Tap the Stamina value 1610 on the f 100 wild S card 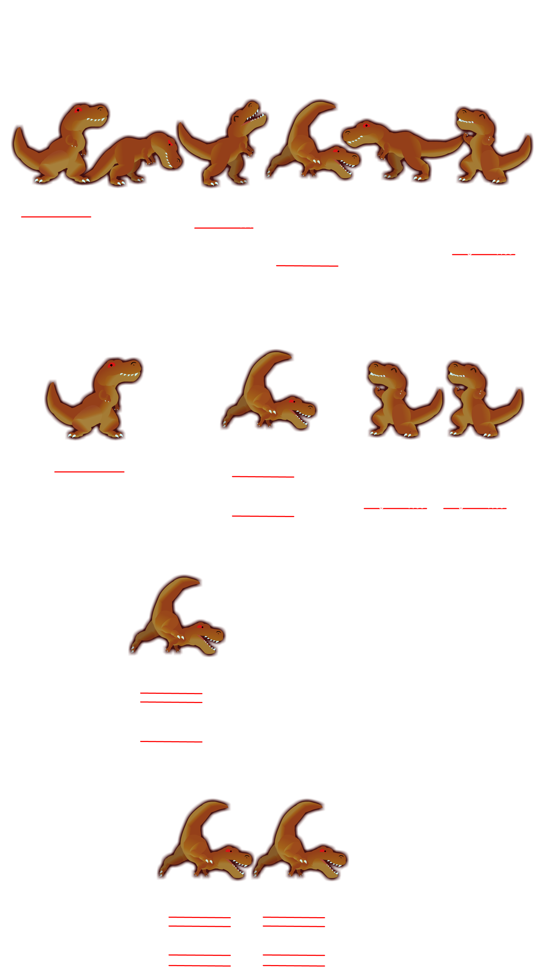point(247,225)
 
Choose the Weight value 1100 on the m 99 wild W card point(504,251)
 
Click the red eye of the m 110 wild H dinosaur point(78,110)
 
